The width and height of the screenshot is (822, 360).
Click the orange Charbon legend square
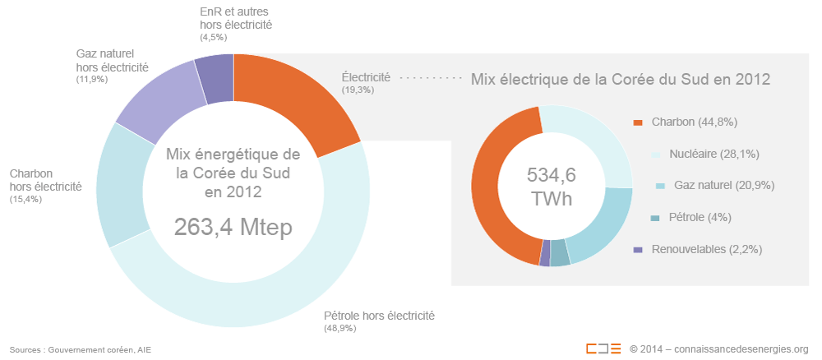[638, 122]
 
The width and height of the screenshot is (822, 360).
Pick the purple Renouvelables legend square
[638, 249]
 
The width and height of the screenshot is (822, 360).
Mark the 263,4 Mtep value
[233, 228]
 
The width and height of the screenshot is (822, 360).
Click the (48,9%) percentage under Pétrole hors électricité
[340, 329]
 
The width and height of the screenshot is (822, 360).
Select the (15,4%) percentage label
[25, 200]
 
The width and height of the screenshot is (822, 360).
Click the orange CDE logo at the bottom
[603, 348]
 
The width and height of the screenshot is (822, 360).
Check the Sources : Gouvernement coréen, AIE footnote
[81, 349]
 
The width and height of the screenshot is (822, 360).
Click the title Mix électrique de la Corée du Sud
[620, 80]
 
